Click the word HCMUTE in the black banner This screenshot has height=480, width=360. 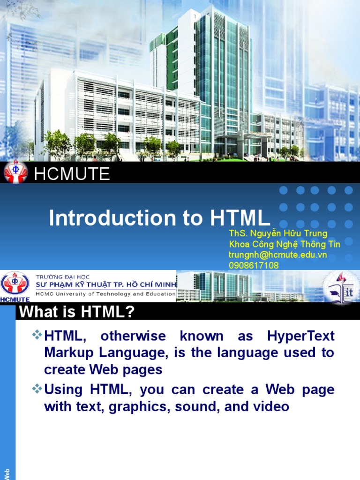72,173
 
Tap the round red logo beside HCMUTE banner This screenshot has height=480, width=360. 15,172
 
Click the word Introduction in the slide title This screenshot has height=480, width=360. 112,218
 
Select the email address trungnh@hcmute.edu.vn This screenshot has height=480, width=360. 277,255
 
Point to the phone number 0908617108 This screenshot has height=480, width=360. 254,265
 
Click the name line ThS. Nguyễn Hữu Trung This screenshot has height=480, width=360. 278,233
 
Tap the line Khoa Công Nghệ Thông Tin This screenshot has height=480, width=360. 285,244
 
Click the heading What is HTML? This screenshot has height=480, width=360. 77,312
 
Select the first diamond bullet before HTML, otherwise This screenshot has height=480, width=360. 37,334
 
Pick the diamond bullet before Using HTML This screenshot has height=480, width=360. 37,388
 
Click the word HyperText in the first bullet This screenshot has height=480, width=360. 300,336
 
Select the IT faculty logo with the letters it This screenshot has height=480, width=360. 341,288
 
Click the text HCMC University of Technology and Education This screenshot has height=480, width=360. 105,294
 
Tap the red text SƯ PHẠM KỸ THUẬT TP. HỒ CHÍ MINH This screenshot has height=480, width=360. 106,285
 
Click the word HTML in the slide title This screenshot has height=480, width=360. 240,218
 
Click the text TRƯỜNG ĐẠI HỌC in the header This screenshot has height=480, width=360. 63,277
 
